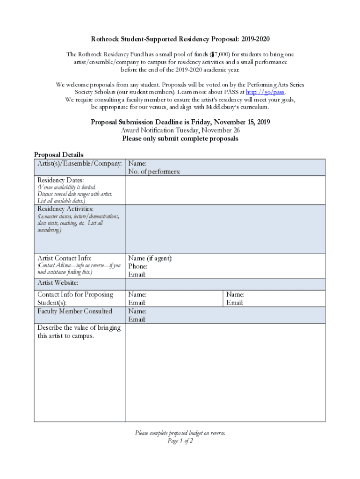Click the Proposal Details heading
pyautogui.click(x=59, y=155)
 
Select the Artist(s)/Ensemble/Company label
pyautogui.click(x=80, y=164)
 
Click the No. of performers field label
pyautogui.click(x=154, y=172)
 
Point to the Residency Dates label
pyautogui.click(x=61, y=180)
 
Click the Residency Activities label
pyautogui.click(x=65, y=209)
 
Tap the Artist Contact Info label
pyautogui.click(x=65, y=258)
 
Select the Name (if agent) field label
pyautogui.click(x=151, y=258)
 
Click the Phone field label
pyautogui.click(x=138, y=267)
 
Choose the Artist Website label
pyautogui.click(x=58, y=283)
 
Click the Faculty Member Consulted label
pyautogui.click(x=75, y=311)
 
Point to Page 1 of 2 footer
pyautogui.click(x=180, y=441)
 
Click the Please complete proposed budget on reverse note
pyautogui.click(x=180, y=433)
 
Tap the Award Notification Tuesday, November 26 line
pyautogui.click(x=180, y=131)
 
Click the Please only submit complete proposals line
pyautogui.click(x=180, y=138)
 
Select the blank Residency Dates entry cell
pyautogui.click(x=225, y=190)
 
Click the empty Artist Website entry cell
pyautogui.click(x=225, y=284)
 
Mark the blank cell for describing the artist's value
pyautogui.click(x=225, y=372)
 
